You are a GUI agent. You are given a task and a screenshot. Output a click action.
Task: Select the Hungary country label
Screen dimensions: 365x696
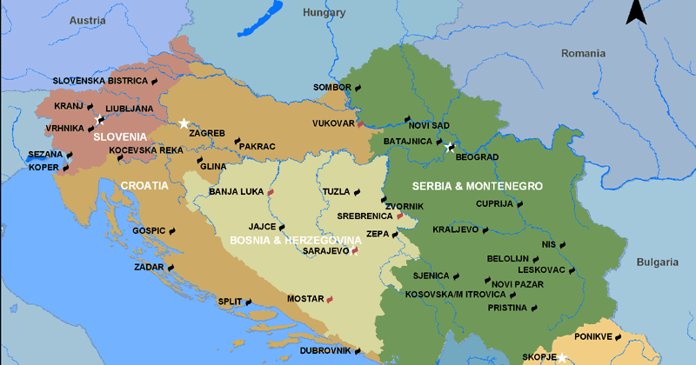[x=324, y=13]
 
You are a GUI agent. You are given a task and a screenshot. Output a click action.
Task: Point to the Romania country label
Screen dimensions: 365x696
[x=582, y=53]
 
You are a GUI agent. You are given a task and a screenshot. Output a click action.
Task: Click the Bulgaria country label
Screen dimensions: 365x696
[x=656, y=262]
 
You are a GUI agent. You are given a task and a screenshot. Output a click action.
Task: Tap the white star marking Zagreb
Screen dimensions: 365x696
[x=184, y=123]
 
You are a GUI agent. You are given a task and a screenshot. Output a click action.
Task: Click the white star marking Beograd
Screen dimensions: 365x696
[x=449, y=148]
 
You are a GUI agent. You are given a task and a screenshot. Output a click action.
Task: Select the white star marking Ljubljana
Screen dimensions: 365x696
[x=97, y=119]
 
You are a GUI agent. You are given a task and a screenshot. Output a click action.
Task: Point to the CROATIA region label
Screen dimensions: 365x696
[x=144, y=185]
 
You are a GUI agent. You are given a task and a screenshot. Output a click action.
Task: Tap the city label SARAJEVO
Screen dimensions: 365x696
[x=325, y=251]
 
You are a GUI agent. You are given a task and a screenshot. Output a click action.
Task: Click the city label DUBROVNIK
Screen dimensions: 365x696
[x=325, y=350]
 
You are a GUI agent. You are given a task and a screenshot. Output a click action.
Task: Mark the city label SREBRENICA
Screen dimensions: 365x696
[x=364, y=216]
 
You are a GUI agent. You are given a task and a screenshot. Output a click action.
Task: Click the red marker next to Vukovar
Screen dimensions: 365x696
[x=360, y=124]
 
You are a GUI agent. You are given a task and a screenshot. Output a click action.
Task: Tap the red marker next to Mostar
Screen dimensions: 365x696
[x=330, y=300]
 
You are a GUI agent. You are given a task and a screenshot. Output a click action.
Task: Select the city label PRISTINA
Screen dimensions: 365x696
[x=507, y=308]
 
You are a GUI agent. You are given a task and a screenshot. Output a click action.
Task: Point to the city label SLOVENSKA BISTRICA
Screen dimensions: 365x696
[x=99, y=80]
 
